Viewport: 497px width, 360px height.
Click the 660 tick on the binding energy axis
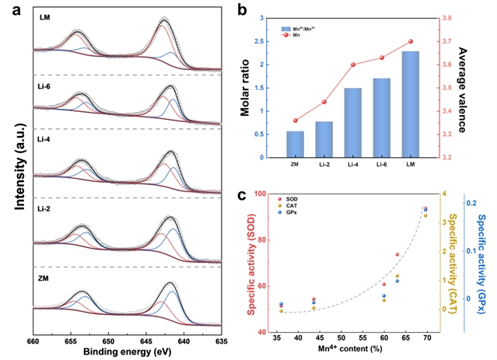tap(33, 341)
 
